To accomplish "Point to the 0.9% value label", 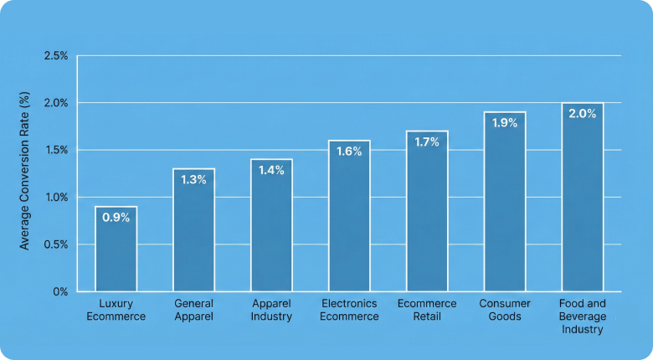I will coord(116,218).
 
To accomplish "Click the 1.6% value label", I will coord(349,152).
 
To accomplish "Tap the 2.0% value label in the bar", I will coord(583,114).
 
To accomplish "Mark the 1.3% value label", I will coord(193,180).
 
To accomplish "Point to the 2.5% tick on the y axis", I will coord(55,56).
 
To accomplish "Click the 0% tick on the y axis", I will coord(60,291).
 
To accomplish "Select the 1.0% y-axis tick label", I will coord(55,198).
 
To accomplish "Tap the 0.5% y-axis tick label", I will coord(55,244).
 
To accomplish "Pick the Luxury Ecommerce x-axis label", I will coord(116,310).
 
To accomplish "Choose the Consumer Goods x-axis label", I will coord(505,310).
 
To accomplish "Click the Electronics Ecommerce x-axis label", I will coord(349,310).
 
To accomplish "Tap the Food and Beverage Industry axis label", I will coord(583,316).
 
